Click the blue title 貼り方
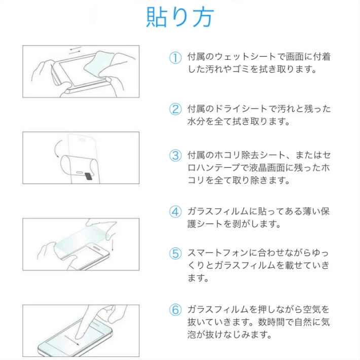[180, 17]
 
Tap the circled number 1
[175, 58]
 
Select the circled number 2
[175, 109]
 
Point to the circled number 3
[175, 156]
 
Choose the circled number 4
[175, 211]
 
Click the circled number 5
[175, 254]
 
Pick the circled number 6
[175, 310]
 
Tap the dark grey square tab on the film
[89, 176]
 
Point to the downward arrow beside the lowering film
[113, 245]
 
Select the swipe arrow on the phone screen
[72, 340]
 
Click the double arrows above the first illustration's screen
[76, 51]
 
